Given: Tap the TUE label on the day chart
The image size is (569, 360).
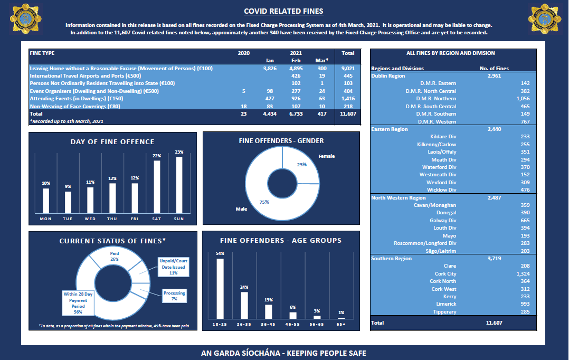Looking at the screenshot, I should (68, 218).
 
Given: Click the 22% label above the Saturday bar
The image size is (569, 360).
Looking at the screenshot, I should (157, 156).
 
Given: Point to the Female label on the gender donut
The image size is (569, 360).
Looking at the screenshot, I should (326, 156).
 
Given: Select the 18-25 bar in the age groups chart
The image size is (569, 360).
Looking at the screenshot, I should (220, 288).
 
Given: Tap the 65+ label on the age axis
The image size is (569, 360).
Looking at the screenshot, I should (341, 324).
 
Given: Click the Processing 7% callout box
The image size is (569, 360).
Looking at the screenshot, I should (174, 296).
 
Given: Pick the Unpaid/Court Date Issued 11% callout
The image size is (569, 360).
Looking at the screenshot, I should (174, 267).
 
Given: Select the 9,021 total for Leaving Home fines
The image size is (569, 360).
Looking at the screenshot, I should (348, 68).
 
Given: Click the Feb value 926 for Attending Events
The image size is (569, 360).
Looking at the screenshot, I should (296, 98).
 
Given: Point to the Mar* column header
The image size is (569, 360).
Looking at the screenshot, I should (321, 61).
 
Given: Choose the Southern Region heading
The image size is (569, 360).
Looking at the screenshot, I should (391, 259).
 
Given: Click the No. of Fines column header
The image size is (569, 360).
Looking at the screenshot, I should (494, 69).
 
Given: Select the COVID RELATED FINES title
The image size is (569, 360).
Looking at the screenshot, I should (284, 11).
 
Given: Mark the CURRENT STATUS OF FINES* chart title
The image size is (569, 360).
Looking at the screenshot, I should (112, 241).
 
